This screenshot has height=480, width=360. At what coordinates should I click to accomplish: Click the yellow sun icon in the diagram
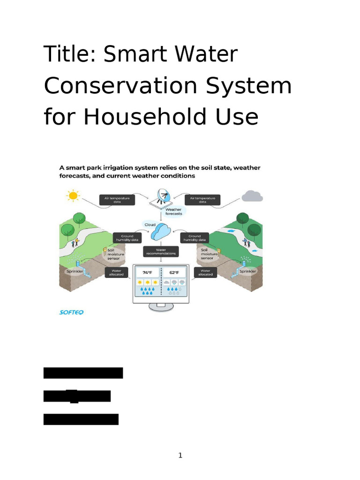[73, 195]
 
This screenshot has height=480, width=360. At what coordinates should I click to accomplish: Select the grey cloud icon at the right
[252, 196]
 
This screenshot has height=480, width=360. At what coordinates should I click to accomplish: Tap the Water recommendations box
[161, 252]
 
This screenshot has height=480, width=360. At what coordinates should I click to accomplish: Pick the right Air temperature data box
[202, 200]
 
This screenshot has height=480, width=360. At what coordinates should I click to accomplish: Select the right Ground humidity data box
[194, 238]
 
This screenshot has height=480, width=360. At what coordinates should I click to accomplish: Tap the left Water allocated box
[117, 272]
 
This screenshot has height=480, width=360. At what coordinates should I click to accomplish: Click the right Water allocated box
[205, 272]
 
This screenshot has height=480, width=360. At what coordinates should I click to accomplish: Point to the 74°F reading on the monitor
[147, 272]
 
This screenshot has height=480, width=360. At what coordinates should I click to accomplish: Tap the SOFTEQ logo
[71, 312]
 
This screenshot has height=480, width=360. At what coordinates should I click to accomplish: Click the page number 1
[180, 455]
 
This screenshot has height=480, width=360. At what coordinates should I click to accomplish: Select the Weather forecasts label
[173, 211]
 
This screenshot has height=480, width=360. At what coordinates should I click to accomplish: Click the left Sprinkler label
[74, 271]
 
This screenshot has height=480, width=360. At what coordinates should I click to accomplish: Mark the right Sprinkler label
[247, 271]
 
